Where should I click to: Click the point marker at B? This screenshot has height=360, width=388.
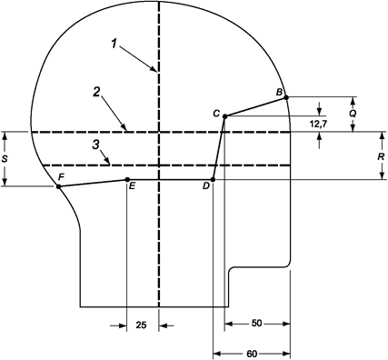click(285, 97)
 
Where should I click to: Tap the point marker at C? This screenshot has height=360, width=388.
click(224, 115)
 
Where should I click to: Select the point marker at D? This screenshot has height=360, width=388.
click(213, 179)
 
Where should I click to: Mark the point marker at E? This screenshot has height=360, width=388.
click(126, 179)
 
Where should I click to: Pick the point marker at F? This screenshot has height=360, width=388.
click(58, 186)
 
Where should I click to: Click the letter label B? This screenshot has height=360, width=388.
click(280, 89)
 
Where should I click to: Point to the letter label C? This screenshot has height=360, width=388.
click(216, 112)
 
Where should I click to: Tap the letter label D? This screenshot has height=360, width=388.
click(206, 186)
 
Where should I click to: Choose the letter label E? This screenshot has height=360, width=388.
click(133, 186)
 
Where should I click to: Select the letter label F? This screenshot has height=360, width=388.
click(61, 175)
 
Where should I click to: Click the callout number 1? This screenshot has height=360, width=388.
click(114, 43)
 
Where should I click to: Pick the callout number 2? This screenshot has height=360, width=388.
click(95, 91)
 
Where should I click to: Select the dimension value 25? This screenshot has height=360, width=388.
click(142, 325)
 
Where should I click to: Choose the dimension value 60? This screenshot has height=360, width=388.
click(252, 354)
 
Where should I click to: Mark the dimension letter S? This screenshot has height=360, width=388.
click(6, 158)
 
